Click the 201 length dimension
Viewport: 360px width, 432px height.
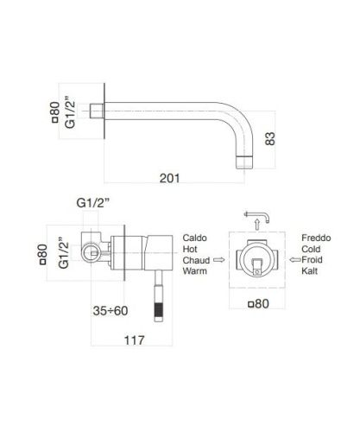click(x=171, y=178)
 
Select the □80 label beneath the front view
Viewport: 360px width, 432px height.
click(x=256, y=303)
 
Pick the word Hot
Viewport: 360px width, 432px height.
click(x=192, y=248)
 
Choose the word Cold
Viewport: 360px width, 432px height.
click(x=313, y=248)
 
